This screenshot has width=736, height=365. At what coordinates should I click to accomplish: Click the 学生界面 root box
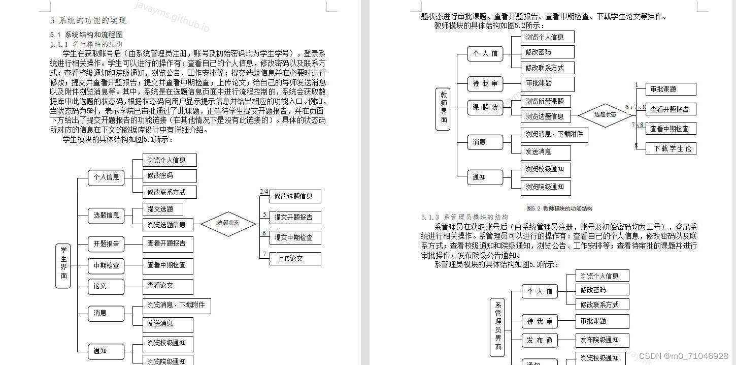[x=63, y=266]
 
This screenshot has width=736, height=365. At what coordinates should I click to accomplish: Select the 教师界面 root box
[x=443, y=109]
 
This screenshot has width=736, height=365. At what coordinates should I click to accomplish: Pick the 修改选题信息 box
[x=294, y=196]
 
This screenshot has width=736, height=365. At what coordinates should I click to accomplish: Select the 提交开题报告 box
[x=294, y=217]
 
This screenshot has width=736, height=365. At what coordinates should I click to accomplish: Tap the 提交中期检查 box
[x=294, y=237]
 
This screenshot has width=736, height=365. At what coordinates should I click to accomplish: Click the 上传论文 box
[x=294, y=258]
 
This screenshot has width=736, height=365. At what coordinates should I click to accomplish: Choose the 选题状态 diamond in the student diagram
[x=228, y=223]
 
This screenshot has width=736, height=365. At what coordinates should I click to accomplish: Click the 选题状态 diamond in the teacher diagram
[x=605, y=115]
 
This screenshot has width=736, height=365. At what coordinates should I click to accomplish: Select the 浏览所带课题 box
[x=545, y=101]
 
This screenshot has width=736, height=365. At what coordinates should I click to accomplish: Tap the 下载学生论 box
[x=671, y=148]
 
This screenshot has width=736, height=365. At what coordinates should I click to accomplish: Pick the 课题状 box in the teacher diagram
[x=485, y=107]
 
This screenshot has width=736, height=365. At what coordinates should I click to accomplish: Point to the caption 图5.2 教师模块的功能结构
[x=559, y=208]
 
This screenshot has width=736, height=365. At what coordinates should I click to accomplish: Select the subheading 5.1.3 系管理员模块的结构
[x=464, y=217]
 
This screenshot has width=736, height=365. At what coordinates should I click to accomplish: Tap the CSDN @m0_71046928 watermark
[x=683, y=356]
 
